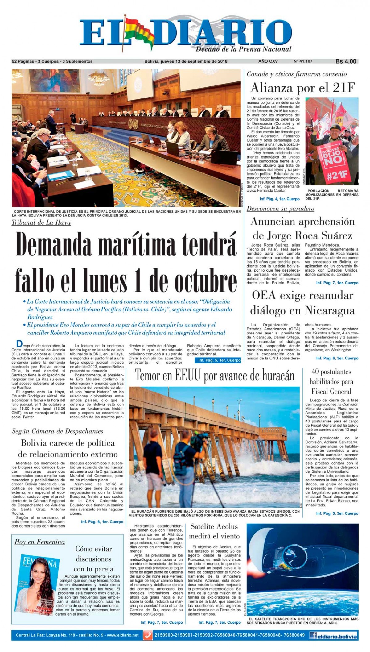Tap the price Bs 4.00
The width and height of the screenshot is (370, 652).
(x=346, y=61)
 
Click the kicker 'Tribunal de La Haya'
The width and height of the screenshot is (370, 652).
(x=41, y=222)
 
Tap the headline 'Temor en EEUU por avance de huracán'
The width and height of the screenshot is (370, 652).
(x=215, y=376)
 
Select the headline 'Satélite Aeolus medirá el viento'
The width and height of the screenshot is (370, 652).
(x=214, y=531)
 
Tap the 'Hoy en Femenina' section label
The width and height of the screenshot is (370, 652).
(x=40, y=542)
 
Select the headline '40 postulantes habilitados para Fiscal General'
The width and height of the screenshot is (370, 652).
(x=331, y=381)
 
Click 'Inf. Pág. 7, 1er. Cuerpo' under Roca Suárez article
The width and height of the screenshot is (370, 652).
(x=337, y=283)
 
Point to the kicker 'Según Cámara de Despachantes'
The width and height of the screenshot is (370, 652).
(x=58, y=431)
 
